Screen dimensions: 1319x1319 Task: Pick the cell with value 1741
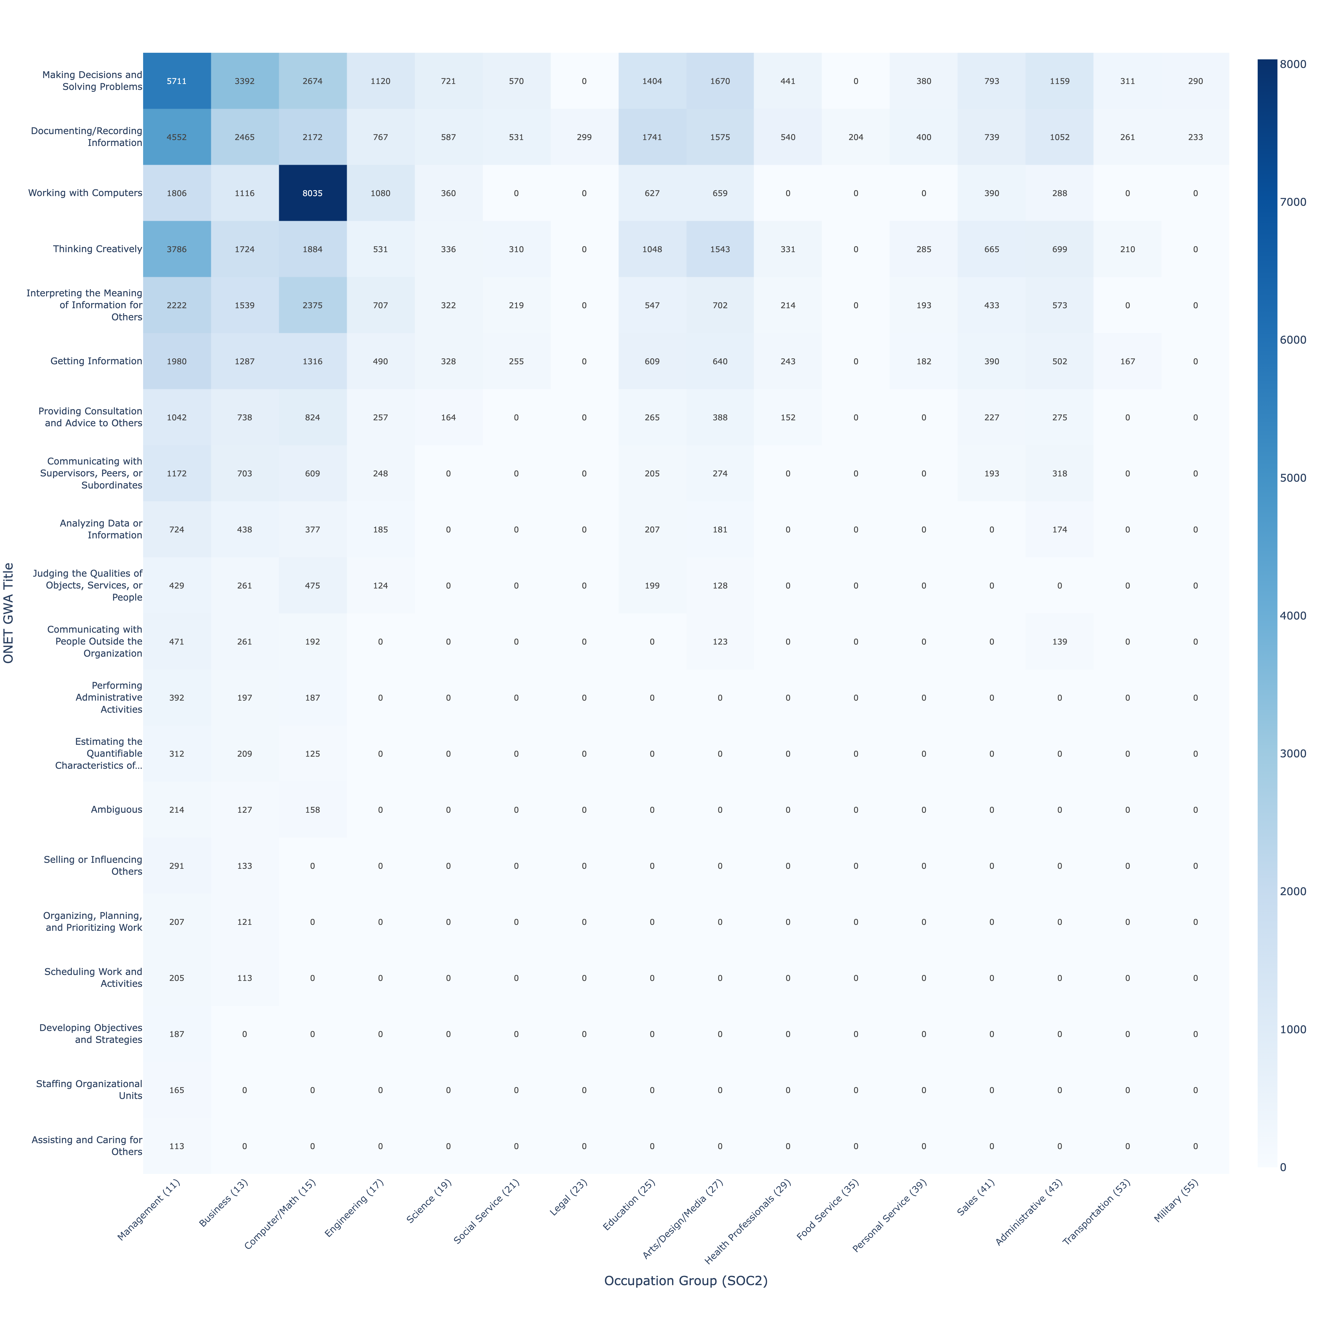click(652, 137)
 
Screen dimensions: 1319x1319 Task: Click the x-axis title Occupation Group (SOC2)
click(685, 1281)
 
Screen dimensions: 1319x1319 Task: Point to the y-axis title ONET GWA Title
click(9, 612)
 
